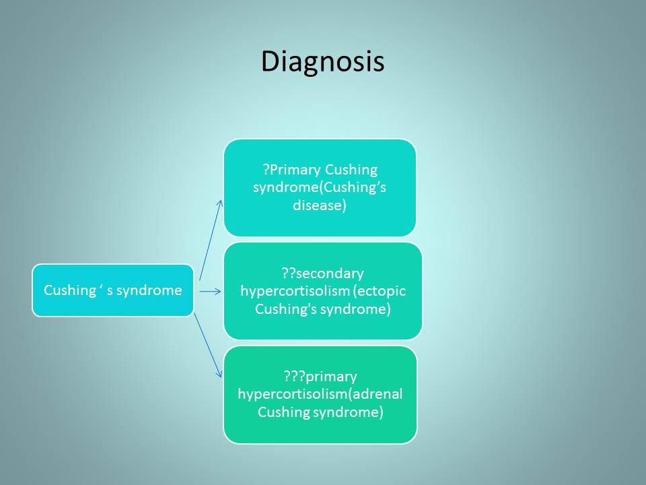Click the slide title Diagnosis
(x=322, y=62)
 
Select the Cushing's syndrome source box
(x=113, y=290)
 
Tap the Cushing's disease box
(x=320, y=188)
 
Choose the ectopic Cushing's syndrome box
(x=322, y=291)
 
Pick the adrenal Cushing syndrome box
(x=320, y=395)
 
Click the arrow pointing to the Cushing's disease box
(x=211, y=240)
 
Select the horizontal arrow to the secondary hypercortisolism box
(x=210, y=292)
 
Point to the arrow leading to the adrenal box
(x=208, y=345)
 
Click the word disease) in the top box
(x=320, y=205)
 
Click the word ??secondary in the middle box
(x=322, y=273)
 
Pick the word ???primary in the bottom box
(x=320, y=377)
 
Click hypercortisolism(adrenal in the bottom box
(x=320, y=394)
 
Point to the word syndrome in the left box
(x=149, y=290)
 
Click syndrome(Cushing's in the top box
(x=319, y=187)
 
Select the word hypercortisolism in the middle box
(x=295, y=291)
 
